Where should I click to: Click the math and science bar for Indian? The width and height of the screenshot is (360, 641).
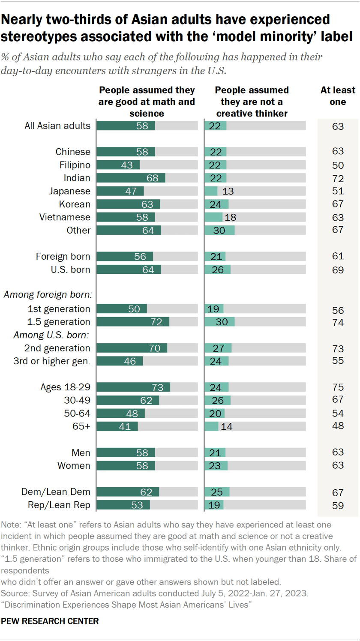coord(131,178)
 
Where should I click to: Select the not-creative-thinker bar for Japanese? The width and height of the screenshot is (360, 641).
coord(211,191)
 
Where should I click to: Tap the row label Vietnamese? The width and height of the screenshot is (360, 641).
coord(65,217)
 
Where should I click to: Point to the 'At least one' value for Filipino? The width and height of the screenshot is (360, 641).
coord(338,165)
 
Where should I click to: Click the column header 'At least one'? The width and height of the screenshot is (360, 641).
coord(338,96)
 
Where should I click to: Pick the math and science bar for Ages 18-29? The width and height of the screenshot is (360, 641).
coord(133,387)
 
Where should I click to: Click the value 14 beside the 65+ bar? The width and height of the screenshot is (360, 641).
coord(226,427)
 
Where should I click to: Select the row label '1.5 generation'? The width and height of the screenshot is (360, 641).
coord(59,322)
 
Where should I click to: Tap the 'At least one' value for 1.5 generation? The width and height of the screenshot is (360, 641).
coord(338,323)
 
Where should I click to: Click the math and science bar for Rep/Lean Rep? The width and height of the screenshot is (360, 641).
coord(123,505)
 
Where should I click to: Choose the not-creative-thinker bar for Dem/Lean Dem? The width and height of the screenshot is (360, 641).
coord(217,492)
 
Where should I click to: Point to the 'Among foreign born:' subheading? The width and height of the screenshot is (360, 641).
coord(49,295)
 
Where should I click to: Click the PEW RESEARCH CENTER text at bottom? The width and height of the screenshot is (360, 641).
coord(50,620)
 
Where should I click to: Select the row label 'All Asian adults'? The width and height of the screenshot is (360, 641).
coord(57,126)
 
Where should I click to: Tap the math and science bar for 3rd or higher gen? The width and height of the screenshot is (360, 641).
coord(120,361)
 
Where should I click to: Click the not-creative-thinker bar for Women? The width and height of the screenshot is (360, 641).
coord(216,466)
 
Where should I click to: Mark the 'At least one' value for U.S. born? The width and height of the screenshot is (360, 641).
coord(338,270)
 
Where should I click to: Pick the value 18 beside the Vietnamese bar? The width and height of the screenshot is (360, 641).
coord(231,218)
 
